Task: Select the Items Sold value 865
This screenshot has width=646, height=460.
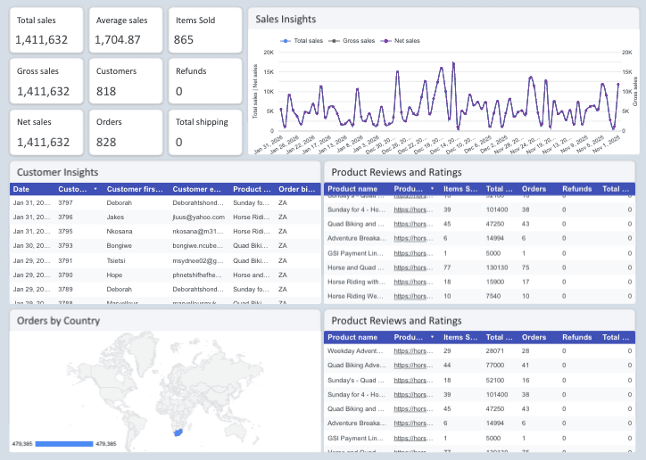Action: coord(184,39)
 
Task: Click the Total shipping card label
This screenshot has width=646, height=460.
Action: coord(202,122)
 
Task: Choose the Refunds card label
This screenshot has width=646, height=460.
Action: coord(191,71)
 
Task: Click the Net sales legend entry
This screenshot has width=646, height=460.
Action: coord(401,40)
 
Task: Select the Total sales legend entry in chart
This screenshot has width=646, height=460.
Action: coord(303,40)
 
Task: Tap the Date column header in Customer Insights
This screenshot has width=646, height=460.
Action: coord(21,189)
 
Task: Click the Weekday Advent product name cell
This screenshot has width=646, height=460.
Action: coord(356,350)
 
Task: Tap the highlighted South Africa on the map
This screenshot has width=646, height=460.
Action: coord(177,431)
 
